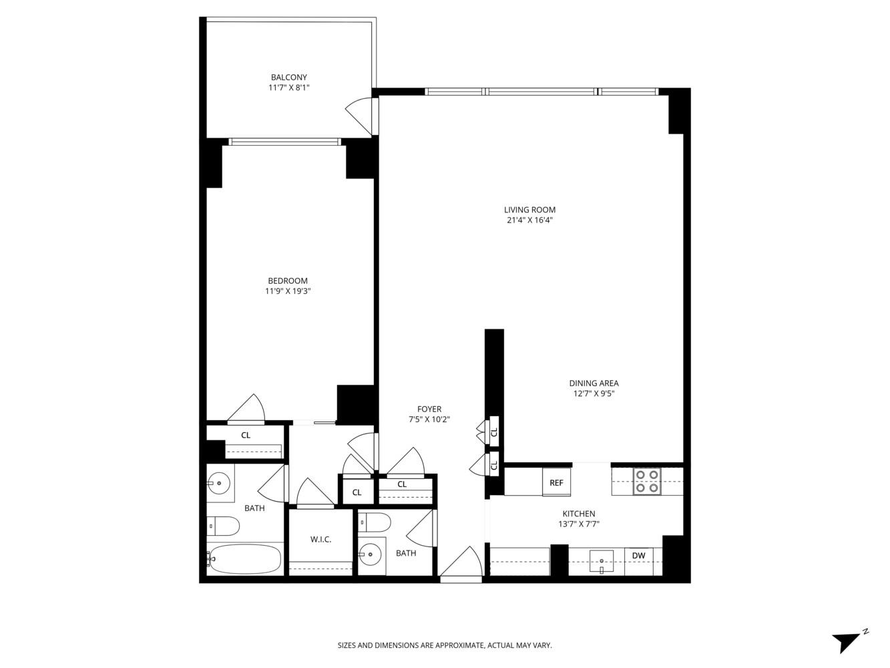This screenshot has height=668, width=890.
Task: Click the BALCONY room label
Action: [x=288, y=77]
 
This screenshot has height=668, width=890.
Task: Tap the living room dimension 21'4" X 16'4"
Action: [x=529, y=220]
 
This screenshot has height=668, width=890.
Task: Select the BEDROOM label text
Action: [x=288, y=281]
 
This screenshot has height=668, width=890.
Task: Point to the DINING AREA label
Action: [x=594, y=383]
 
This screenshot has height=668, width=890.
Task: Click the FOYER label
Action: [x=429, y=409]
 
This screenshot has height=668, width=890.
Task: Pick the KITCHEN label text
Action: [x=578, y=513]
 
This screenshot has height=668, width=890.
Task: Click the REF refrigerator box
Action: [x=556, y=483]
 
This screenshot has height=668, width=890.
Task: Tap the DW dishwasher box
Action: [x=638, y=555]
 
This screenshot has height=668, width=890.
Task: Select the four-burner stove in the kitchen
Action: [x=646, y=481]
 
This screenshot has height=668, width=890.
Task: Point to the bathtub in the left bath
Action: [x=244, y=558]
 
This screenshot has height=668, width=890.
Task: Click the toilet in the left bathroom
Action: [x=223, y=526]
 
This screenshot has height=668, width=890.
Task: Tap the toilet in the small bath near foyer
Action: [x=373, y=523]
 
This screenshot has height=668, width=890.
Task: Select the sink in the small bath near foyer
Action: [x=371, y=552]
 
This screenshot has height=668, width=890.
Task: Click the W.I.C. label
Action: [x=320, y=539]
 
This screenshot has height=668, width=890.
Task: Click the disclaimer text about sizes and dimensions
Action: [x=445, y=645]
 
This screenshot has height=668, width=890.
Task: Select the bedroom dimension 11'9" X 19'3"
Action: [x=288, y=291]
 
